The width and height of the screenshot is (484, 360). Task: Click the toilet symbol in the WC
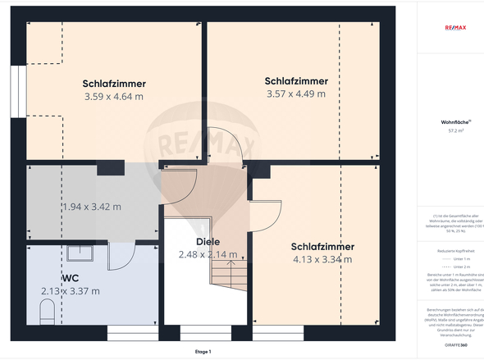pos(47,311)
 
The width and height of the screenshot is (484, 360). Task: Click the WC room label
pos(70,278)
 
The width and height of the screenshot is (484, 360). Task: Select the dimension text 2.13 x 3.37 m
pos(70,291)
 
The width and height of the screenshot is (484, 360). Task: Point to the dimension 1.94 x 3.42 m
pos(91,207)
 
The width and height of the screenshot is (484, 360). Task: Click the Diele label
pos(208,242)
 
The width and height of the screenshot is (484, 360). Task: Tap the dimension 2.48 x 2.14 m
pos(208,255)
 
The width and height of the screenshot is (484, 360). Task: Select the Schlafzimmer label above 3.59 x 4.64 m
pos(113,84)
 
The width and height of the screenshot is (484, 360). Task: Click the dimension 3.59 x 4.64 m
pos(113,97)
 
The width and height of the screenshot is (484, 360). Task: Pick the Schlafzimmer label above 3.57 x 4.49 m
pos(296,81)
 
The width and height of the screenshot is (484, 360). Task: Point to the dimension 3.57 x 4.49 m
pos(296,93)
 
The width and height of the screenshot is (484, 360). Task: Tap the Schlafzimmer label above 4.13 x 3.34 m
pos(322,247)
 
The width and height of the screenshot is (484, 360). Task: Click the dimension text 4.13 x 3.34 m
pos(322,260)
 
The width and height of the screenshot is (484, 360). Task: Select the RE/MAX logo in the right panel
pos(454,27)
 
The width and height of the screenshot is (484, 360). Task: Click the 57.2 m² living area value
pos(455,130)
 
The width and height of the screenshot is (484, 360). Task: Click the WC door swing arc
pos(121,258)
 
